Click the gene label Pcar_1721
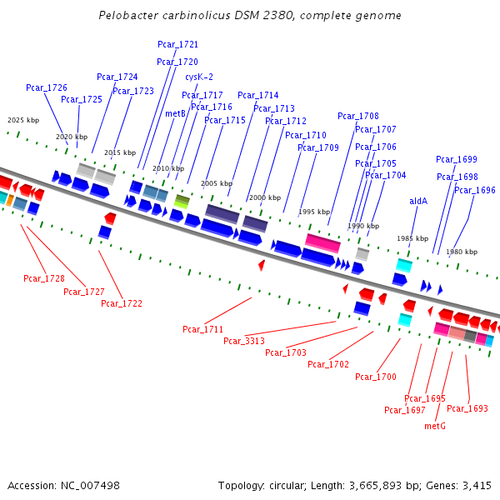(177, 44)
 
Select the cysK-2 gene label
(199, 77)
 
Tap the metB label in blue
(175, 113)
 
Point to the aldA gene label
(418, 201)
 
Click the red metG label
(435, 426)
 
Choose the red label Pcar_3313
(244, 341)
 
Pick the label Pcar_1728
(44, 278)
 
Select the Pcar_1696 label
(475, 190)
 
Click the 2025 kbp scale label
(23, 120)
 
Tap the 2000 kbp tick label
(265, 197)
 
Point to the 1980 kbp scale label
(462, 252)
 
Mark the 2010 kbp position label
(168, 168)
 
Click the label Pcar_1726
(47, 87)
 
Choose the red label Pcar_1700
(376, 377)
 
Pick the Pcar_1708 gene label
(358, 116)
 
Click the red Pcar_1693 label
(467, 408)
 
